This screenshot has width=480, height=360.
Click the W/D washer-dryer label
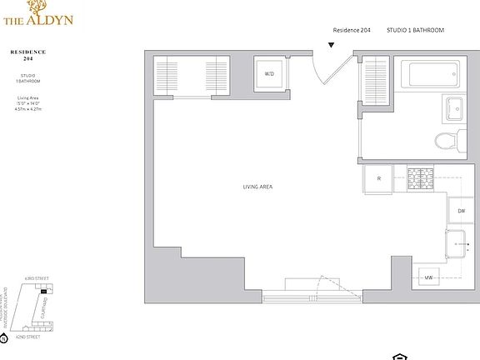pos(269,74)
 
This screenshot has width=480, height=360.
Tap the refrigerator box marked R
pos(378,179)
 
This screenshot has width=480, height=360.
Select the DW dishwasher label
pos(461,211)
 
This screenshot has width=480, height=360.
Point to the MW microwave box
pos(428,277)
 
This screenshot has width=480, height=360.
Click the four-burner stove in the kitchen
pos(420,177)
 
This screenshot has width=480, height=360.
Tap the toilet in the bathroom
pos(450,139)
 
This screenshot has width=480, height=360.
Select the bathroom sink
pos(457,109)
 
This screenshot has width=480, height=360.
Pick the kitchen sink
pos(459,245)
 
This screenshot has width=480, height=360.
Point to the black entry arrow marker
pos(332,44)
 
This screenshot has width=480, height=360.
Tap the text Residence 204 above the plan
pos(352,30)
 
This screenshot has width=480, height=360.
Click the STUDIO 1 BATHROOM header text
pos(415,30)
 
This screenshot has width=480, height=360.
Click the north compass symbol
pos(4,338)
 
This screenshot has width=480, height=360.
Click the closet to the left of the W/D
pos(192,74)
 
